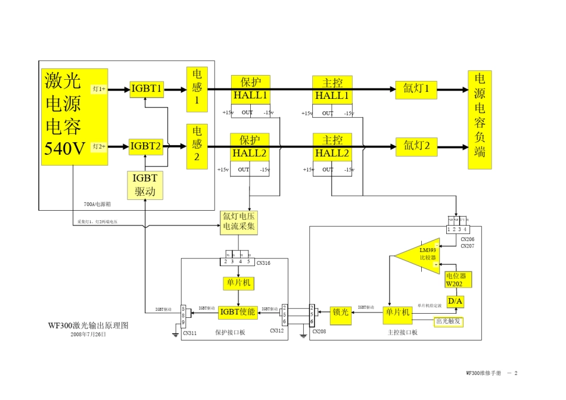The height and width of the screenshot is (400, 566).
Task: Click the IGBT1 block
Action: tap(147, 89)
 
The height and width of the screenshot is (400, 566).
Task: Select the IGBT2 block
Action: tap(147, 146)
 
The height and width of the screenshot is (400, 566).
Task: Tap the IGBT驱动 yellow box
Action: tap(145, 185)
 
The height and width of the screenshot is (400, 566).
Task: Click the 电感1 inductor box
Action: tap(197, 89)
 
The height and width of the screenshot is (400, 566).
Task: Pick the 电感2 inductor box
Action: tap(197, 146)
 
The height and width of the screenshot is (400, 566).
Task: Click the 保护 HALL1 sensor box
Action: tap(250, 89)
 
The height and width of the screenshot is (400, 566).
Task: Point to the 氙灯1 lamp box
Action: tap(416, 89)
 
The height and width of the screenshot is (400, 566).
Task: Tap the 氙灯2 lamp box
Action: tap(416, 146)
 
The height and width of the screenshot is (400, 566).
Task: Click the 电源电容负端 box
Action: tap(480, 120)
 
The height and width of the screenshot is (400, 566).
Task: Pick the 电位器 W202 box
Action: tap(458, 280)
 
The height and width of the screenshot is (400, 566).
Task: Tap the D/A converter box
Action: tap(455, 302)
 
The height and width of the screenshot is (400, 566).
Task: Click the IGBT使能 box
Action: tap(238, 312)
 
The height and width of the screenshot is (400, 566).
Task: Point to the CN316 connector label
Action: tap(263, 262)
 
